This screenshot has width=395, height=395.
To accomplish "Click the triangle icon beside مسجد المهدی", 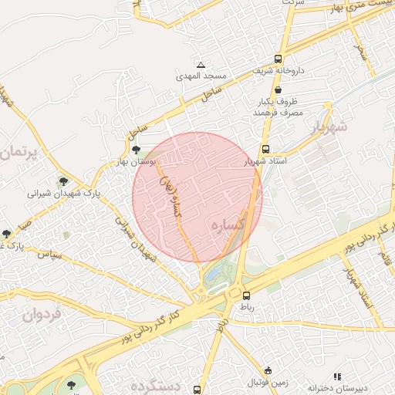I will (x=201, y=65).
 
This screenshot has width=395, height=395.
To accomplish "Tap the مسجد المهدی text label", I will (x=202, y=76).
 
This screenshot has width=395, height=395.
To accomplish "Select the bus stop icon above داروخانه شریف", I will (x=278, y=59).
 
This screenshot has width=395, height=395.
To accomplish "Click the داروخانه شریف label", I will (x=279, y=70).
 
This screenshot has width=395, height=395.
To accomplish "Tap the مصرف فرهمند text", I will (x=275, y=113).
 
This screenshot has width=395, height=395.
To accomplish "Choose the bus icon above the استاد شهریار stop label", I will (x=266, y=150).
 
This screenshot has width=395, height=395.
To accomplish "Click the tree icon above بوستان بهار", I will (x=137, y=150).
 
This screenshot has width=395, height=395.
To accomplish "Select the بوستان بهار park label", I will (x=137, y=161).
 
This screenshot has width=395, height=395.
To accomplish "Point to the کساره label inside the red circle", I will (x=229, y=225).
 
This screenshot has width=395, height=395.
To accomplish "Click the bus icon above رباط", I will (x=246, y=295).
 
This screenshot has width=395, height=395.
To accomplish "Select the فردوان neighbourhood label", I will (x=41, y=314).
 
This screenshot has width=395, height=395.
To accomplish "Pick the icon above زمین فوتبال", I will (x=268, y=370).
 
